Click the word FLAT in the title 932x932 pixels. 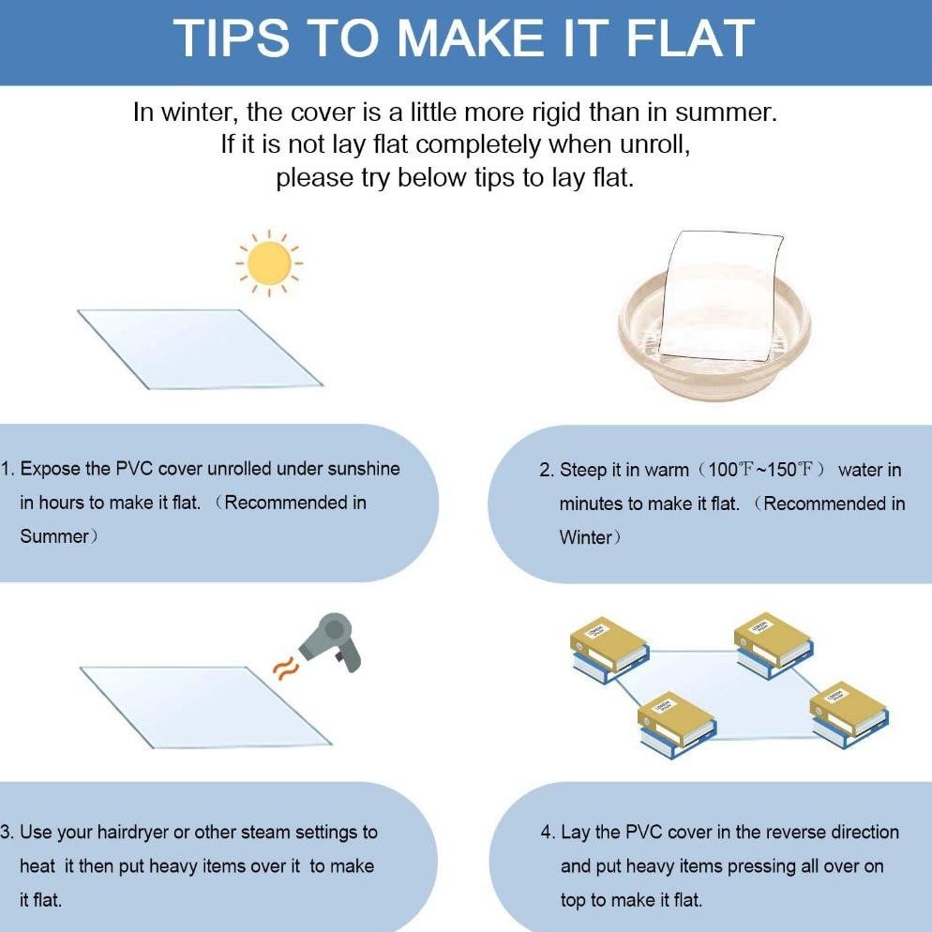(691, 38)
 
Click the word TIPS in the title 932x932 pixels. (232, 38)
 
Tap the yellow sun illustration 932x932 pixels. (269, 263)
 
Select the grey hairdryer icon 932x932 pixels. (332, 642)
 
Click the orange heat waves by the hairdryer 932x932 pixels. (283, 667)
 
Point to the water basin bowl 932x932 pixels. (714, 333)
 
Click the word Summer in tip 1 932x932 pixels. (54, 536)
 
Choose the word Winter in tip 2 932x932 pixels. (585, 537)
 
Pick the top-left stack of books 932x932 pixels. (609, 649)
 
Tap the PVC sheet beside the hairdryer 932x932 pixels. (205, 707)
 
